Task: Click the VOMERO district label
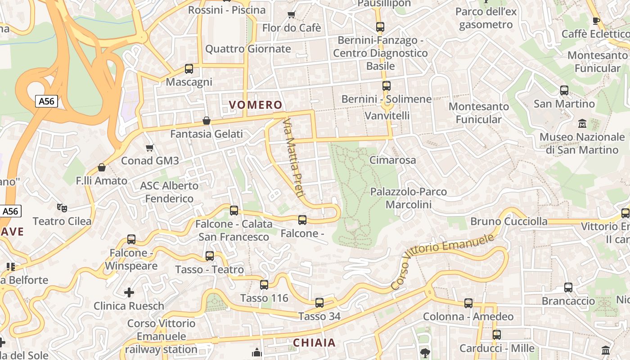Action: pos(256,105)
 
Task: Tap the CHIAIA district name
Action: pos(315,342)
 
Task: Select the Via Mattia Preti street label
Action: pos(292,157)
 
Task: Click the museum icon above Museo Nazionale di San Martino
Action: pos(582,123)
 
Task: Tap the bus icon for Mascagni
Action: pos(189,69)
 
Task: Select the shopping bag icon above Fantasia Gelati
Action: pos(207,121)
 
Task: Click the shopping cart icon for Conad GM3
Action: pos(150,148)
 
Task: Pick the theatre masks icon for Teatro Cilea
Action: pos(62,207)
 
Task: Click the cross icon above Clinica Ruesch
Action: pos(129,293)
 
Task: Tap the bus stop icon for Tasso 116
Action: pos(264,285)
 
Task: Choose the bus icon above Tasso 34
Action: pos(319,303)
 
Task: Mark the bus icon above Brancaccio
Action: pos(568,288)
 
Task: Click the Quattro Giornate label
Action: pos(248,49)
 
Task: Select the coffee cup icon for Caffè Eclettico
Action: pos(596,20)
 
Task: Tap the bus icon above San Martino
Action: pos(564,90)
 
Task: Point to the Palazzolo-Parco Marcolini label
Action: pos(408,198)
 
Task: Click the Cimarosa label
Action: pos(392,160)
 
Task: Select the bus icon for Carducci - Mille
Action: pos(497,335)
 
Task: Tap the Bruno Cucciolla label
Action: pos(508,221)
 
